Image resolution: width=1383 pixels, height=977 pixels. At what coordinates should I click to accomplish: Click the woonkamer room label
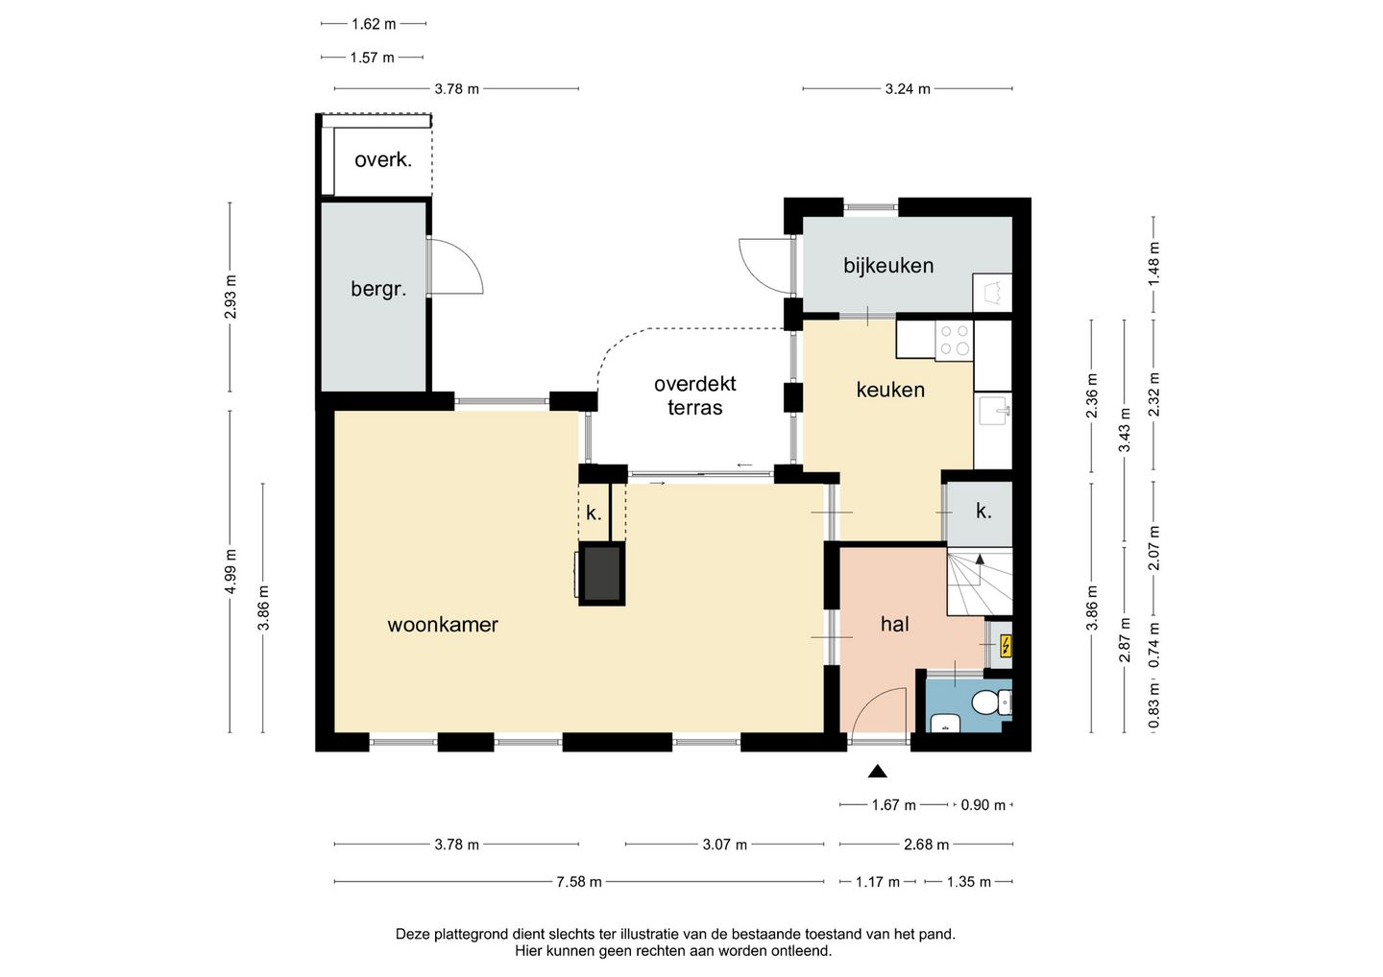point(443,625)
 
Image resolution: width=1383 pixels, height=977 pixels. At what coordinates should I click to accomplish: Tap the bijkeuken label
point(888,266)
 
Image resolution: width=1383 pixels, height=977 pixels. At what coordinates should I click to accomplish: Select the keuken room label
point(890,390)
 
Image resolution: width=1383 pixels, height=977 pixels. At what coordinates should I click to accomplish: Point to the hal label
point(895,624)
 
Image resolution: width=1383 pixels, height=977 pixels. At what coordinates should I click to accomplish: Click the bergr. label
point(378,289)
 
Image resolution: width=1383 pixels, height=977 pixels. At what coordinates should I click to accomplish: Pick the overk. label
point(383,160)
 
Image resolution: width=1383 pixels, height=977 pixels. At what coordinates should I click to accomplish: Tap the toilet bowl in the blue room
point(990,703)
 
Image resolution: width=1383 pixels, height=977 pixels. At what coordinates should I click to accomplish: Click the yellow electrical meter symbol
point(1006,646)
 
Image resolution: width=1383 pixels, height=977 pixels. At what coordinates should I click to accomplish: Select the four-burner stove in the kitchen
point(954,340)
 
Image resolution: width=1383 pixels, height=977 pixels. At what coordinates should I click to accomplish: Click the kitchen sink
point(994,411)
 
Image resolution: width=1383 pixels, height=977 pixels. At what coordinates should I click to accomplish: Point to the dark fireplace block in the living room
point(602,574)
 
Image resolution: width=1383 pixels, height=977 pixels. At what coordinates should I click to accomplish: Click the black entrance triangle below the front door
point(878,771)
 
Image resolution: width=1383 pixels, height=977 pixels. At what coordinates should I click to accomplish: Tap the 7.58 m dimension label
point(578,881)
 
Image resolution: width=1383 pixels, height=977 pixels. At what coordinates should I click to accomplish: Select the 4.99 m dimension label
point(230,571)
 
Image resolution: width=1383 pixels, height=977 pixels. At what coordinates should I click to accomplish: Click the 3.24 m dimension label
point(908,89)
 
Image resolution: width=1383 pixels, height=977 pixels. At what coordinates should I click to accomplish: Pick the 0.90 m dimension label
point(983,805)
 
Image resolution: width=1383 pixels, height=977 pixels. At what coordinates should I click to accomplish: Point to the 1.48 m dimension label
point(1153,263)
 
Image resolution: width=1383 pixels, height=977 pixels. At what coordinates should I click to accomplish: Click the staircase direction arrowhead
point(980,560)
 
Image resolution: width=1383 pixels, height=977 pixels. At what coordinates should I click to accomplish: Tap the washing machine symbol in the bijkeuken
point(992,293)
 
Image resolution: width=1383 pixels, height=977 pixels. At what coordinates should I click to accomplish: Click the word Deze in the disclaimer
point(413,934)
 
